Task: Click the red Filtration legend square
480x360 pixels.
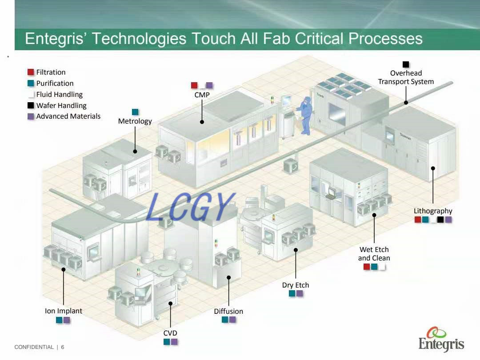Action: coord(31,72)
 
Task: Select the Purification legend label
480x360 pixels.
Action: coord(55,83)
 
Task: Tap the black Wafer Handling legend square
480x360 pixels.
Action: coord(31,105)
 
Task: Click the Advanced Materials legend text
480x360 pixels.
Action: coord(68,116)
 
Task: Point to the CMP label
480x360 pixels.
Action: coord(202,95)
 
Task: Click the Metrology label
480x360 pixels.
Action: coord(135,121)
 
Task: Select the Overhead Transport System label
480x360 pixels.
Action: coord(406,77)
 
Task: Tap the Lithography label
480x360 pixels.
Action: coord(432,211)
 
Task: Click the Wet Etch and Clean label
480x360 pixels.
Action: coord(374,254)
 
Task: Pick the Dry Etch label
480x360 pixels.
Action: coord(296,285)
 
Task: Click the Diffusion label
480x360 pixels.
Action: coord(228,311)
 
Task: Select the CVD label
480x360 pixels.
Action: coord(170,333)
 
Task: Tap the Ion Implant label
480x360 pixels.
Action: coord(63,311)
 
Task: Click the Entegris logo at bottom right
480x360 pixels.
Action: coord(441,340)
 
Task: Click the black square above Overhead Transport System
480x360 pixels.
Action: coord(406,64)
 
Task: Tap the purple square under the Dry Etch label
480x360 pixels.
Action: coord(300,293)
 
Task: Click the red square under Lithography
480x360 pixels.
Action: coord(418,220)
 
